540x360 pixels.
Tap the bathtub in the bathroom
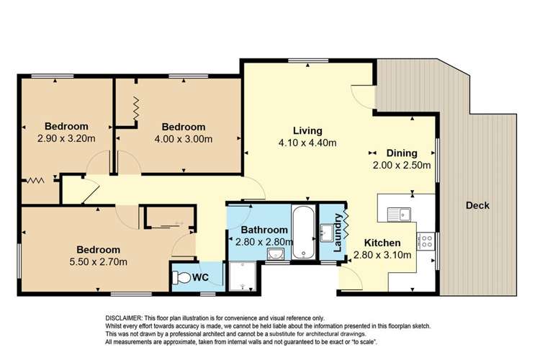pyautogui.click(x=303, y=232)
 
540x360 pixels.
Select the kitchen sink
pyautogui.click(x=397, y=213)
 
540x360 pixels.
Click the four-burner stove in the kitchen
pyautogui.click(x=427, y=239)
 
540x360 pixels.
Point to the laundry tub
pyautogui.click(x=328, y=232)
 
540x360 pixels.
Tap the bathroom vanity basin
pyautogui.click(x=276, y=254)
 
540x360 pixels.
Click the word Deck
pyautogui.click(x=477, y=206)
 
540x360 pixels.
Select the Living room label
pyautogui.click(x=307, y=130)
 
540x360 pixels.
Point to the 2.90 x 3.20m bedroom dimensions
pyautogui.click(x=66, y=138)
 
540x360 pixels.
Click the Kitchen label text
pyautogui.click(x=382, y=242)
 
